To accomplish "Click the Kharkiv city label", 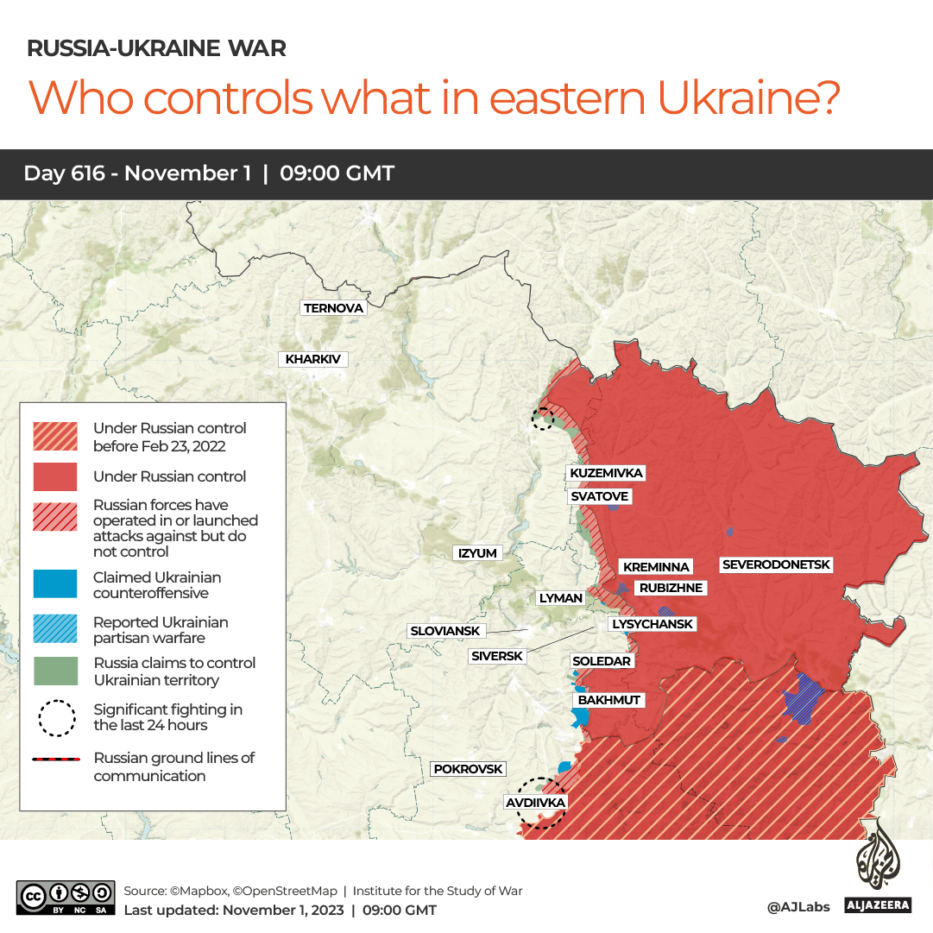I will point(312,359).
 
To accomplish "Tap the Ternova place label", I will point(333,308).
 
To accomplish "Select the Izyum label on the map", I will point(477,553).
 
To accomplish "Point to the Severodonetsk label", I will point(776,564).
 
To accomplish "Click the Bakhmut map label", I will point(609,700).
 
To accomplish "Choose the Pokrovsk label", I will point(468,768).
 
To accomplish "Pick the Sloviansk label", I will point(444,631).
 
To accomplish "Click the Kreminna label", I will point(656,567).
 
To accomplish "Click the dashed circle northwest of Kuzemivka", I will point(543,419).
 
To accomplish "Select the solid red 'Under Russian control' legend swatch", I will point(56,476).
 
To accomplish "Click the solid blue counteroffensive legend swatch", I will point(56,584).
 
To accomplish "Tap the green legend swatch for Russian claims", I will point(56,671).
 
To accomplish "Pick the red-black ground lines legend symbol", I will point(56,760).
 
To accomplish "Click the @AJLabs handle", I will point(797,906).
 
